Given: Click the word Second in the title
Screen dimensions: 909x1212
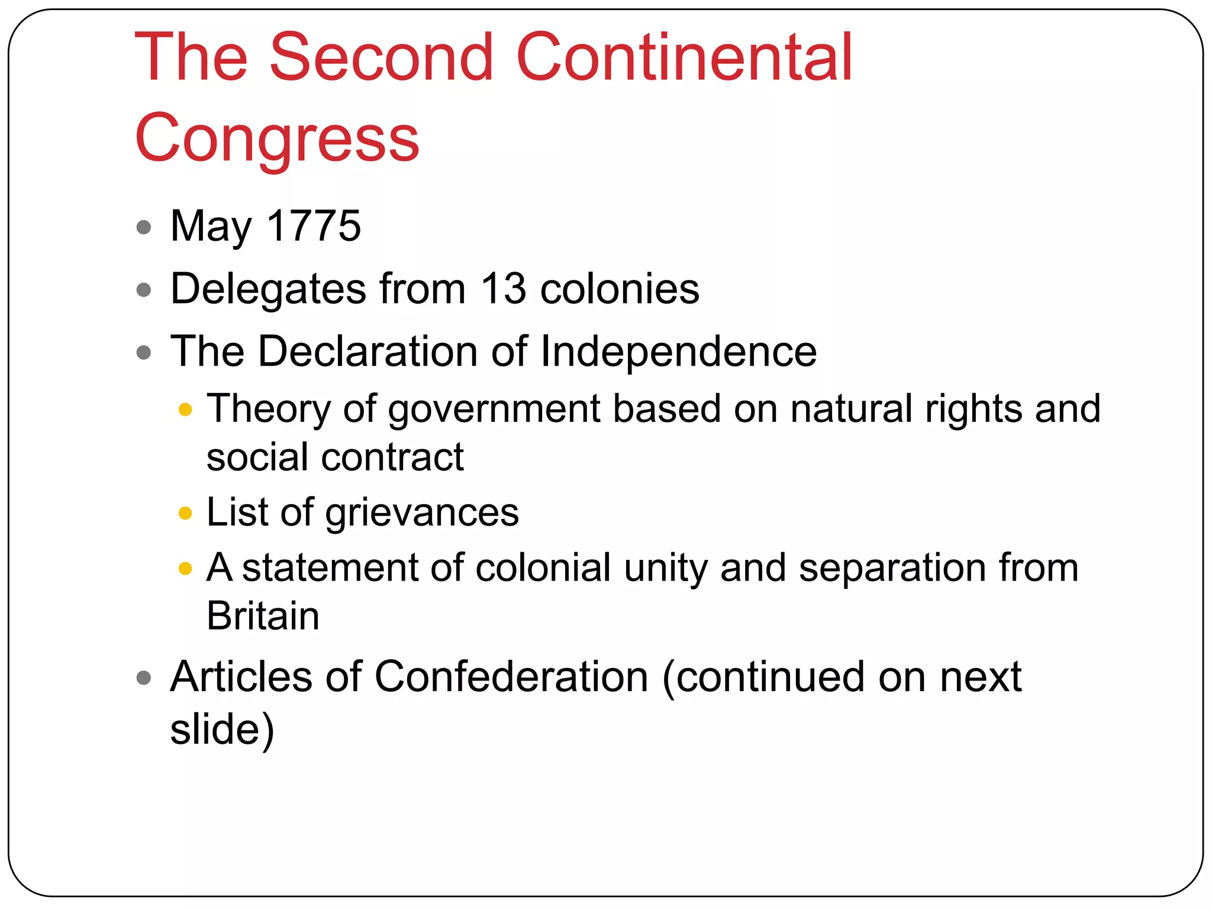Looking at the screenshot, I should click(x=381, y=57).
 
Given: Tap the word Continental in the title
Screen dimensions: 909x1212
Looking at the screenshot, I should click(x=684, y=57).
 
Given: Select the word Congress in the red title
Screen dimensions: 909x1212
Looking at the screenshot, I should click(x=277, y=139).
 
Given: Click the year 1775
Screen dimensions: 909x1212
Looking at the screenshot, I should click(x=314, y=226).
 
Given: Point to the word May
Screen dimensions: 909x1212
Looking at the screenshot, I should click(x=211, y=227).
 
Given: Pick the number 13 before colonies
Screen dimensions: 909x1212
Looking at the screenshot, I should click(x=503, y=289).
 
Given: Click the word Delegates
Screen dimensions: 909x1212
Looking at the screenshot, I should click(x=268, y=290).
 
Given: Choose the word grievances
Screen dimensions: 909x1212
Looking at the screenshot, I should click(x=421, y=513).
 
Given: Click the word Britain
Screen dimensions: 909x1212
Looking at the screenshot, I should click(x=263, y=616).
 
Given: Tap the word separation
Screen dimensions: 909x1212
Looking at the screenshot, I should click(x=892, y=568).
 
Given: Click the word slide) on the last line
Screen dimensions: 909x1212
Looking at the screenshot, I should click(x=222, y=729).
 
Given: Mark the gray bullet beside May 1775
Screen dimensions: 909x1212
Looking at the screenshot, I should click(x=144, y=227).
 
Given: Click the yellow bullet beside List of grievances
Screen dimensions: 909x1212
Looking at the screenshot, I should click(x=185, y=512).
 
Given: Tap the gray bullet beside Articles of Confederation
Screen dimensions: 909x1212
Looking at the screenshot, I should click(x=144, y=677).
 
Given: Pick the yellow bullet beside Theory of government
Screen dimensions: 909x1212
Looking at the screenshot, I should click(x=185, y=410).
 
